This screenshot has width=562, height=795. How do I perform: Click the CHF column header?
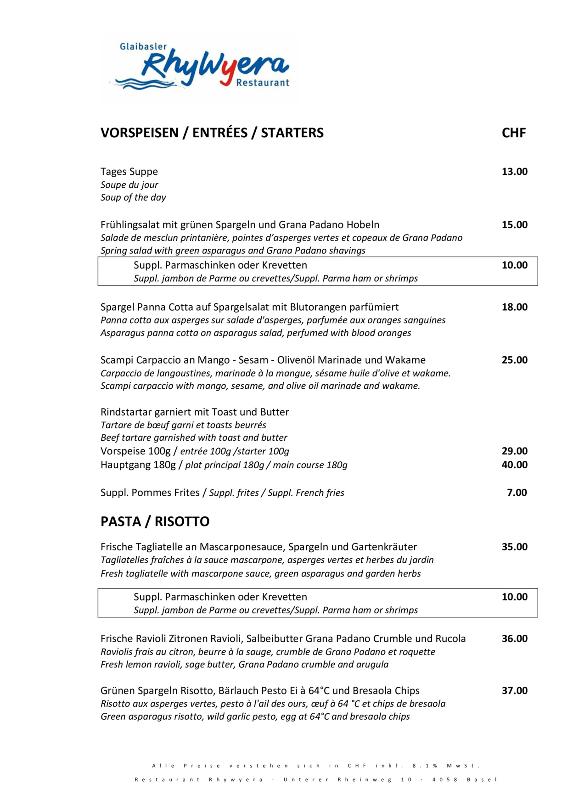coord(514,133)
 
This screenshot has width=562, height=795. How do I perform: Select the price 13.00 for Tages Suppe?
coord(514,172)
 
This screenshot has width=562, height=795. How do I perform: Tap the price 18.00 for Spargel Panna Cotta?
coord(514,307)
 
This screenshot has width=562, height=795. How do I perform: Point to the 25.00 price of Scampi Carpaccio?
coord(514,360)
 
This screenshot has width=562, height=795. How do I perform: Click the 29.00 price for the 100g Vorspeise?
coord(514,451)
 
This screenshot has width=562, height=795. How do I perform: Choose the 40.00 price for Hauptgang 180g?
coord(514,465)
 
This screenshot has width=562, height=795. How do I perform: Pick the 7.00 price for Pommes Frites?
coord(517,493)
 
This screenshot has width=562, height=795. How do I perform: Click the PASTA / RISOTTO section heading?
coord(155,521)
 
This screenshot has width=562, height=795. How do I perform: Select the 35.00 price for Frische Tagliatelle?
coord(514,547)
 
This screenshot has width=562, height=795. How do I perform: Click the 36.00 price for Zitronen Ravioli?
coord(514,638)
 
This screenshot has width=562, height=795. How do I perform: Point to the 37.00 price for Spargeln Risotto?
coord(514,690)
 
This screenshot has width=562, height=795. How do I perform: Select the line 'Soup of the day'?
coord(133,197)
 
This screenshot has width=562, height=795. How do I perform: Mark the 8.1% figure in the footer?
coord(425,766)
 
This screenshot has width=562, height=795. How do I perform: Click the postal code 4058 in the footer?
coord(445,779)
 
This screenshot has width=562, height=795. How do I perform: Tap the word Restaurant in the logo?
coord(263,83)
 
